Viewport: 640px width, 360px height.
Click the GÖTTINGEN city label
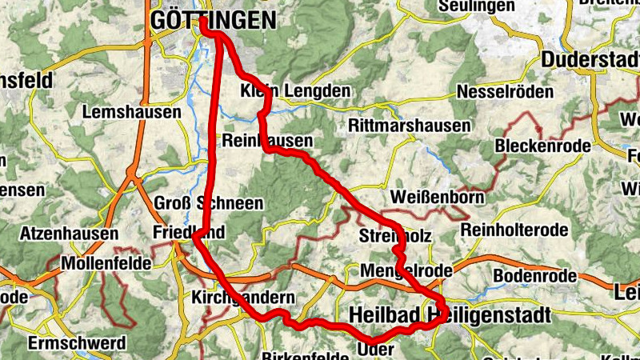(212, 20)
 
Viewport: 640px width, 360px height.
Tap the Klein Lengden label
(295, 91)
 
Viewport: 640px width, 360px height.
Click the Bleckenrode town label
(542, 146)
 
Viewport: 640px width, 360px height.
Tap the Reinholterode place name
(514, 230)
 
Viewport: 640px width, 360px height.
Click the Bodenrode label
(534, 275)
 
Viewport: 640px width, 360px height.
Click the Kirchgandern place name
(243, 297)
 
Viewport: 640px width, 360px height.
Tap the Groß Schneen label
(208, 203)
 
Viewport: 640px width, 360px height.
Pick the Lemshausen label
(132, 113)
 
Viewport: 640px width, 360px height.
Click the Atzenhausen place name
(70, 234)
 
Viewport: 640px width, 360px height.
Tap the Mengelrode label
(406, 270)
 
